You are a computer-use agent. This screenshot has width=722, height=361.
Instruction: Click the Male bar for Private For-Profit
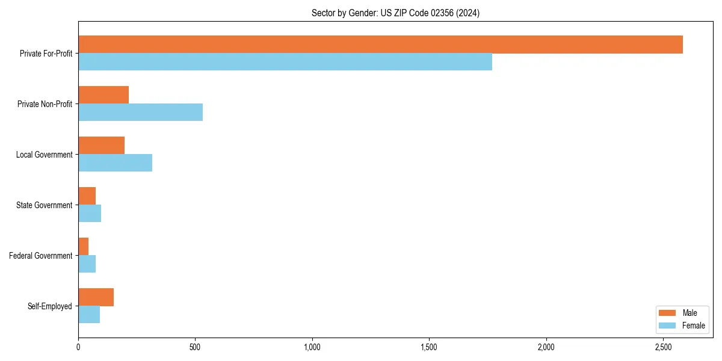click(380, 45)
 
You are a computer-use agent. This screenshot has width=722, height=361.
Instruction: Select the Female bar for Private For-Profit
click(285, 62)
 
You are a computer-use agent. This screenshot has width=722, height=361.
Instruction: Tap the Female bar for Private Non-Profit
click(140, 113)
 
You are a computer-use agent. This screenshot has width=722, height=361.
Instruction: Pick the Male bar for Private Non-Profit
click(103, 95)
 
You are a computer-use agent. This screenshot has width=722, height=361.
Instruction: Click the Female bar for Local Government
click(115, 163)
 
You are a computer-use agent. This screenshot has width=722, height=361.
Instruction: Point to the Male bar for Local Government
click(101, 146)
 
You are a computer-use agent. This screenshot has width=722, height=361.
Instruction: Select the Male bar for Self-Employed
click(96, 297)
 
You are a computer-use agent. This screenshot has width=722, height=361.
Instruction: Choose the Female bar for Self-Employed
click(89, 315)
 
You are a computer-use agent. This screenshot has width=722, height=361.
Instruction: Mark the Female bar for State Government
click(90, 214)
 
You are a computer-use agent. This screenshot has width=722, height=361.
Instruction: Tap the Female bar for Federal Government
click(87, 264)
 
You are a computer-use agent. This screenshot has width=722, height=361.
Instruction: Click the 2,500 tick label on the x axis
click(663, 347)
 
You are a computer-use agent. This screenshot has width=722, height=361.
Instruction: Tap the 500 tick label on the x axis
click(195, 347)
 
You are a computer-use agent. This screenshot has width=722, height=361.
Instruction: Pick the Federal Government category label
click(41, 256)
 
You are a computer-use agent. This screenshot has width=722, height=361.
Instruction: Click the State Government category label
click(44, 205)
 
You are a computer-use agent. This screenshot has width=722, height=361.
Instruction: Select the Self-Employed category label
click(50, 306)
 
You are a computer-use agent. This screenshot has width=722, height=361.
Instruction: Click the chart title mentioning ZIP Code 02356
click(395, 13)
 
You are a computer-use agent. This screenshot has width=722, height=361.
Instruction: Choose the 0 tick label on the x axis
click(78, 347)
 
